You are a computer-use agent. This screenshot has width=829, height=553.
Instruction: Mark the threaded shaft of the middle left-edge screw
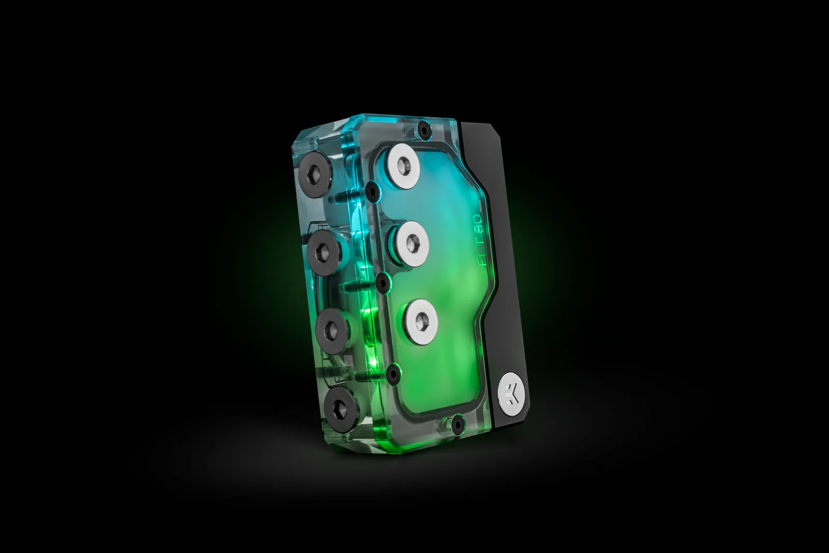coord(360,285)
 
